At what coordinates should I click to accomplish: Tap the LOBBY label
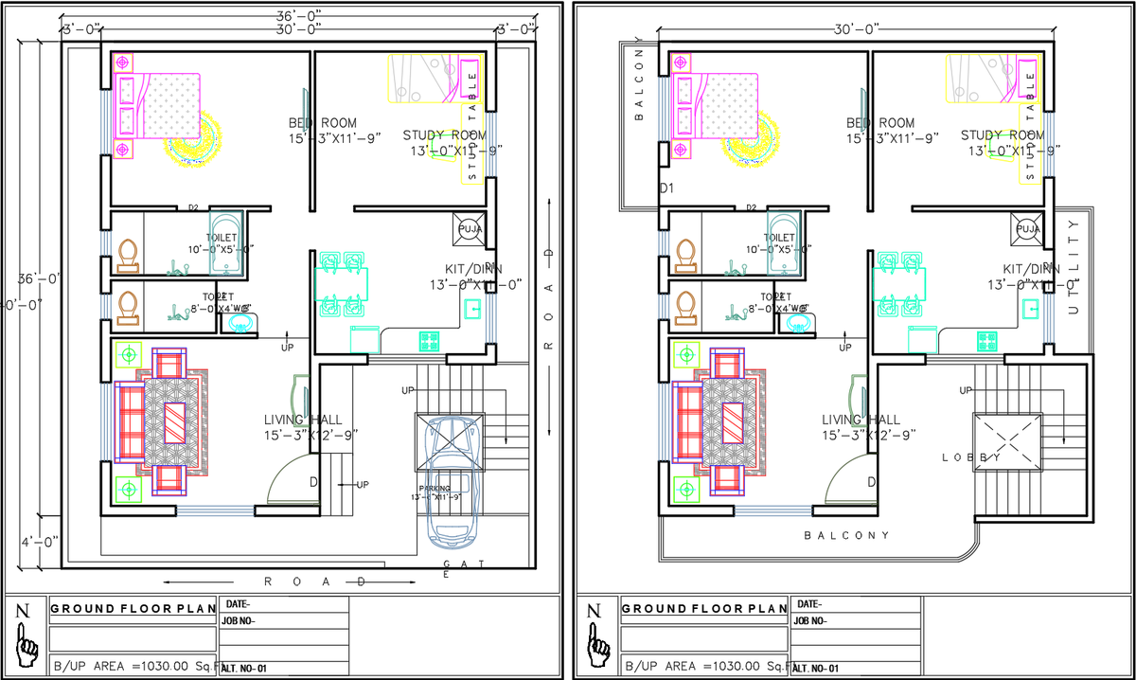tap(971, 457)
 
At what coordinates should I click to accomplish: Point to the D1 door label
tap(666, 188)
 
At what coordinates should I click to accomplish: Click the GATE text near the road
tap(465, 566)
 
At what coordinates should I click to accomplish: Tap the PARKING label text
tap(435, 489)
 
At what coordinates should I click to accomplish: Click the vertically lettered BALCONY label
tap(639, 85)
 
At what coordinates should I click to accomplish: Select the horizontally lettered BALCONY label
tap(847, 535)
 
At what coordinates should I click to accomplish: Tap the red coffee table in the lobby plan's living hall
tap(735, 422)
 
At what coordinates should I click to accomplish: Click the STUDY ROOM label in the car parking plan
tap(444, 135)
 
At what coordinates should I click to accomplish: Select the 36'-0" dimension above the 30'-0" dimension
tap(298, 16)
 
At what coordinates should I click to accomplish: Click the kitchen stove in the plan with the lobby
tap(987, 338)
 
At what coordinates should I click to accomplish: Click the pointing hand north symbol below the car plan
tap(26, 644)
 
